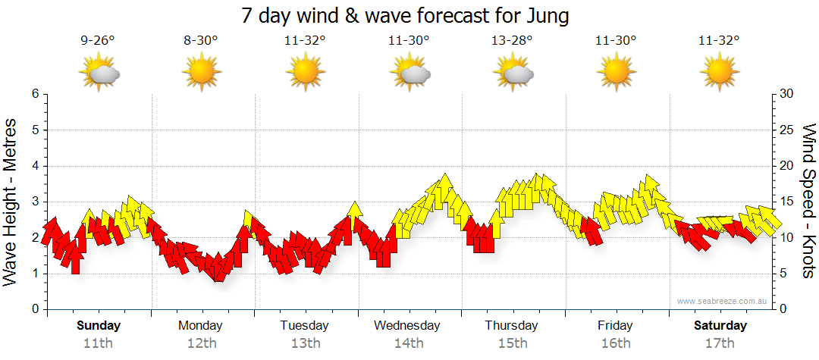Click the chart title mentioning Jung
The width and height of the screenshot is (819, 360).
406,14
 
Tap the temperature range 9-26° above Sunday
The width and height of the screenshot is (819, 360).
98,41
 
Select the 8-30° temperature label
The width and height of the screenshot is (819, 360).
201,41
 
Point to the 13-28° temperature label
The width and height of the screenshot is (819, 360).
512,41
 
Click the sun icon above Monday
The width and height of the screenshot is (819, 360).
201,73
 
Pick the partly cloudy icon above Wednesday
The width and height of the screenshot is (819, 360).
409,73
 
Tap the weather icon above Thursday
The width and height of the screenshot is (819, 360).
513,73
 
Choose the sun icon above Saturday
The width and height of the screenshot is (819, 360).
719,73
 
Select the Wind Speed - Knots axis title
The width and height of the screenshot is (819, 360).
808,201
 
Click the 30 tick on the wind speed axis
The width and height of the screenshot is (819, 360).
786,94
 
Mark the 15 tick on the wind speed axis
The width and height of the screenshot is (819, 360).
786,202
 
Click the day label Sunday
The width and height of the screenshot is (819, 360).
99,325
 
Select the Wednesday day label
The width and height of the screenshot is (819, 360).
407,325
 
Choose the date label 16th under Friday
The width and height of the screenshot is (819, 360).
616,343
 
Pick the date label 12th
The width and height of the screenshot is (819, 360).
201,343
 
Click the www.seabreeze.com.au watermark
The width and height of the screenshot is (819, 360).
723,301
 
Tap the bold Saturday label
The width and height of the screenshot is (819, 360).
720,325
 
